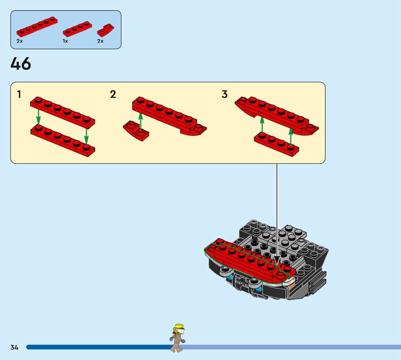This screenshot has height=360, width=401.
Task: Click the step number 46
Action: pyautogui.click(x=21, y=64)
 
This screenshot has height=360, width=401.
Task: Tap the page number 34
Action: pyautogui.click(x=15, y=347)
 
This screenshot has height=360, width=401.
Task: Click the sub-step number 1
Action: pyautogui.click(x=19, y=94)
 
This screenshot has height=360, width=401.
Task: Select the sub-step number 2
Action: pyautogui.click(x=113, y=94)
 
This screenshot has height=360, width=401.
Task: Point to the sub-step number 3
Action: pyautogui.click(x=225, y=94)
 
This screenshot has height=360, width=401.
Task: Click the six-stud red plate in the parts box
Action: pyautogui.click(x=37, y=27)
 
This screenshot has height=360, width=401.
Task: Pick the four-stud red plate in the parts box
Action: pyautogui.click(x=78, y=29)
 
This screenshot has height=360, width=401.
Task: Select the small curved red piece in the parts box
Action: pyautogui.click(x=106, y=31)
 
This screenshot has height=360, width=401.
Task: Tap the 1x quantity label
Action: pyautogui.click(x=66, y=41)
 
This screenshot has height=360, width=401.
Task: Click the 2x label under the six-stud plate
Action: pyautogui.click(x=20, y=41)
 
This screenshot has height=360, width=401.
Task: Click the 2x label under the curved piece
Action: pyautogui.click(x=100, y=41)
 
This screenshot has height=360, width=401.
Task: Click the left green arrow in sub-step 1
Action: pyautogui.click(x=39, y=117)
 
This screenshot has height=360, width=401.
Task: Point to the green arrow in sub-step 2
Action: pyautogui.click(x=140, y=121)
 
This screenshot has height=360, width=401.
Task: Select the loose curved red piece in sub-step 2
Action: pyautogui.click(x=136, y=131)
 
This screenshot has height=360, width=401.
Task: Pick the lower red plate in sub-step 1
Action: pyautogui.click(x=63, y=141)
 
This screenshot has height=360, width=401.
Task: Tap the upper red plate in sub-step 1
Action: pyautogui.click(x=63, y=113)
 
